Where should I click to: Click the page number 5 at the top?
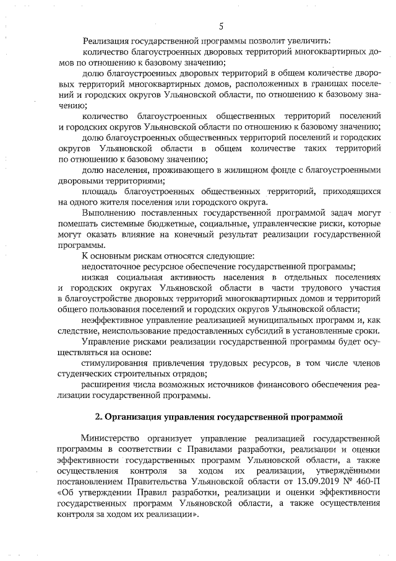(220, 25)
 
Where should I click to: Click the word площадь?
(100, 192)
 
